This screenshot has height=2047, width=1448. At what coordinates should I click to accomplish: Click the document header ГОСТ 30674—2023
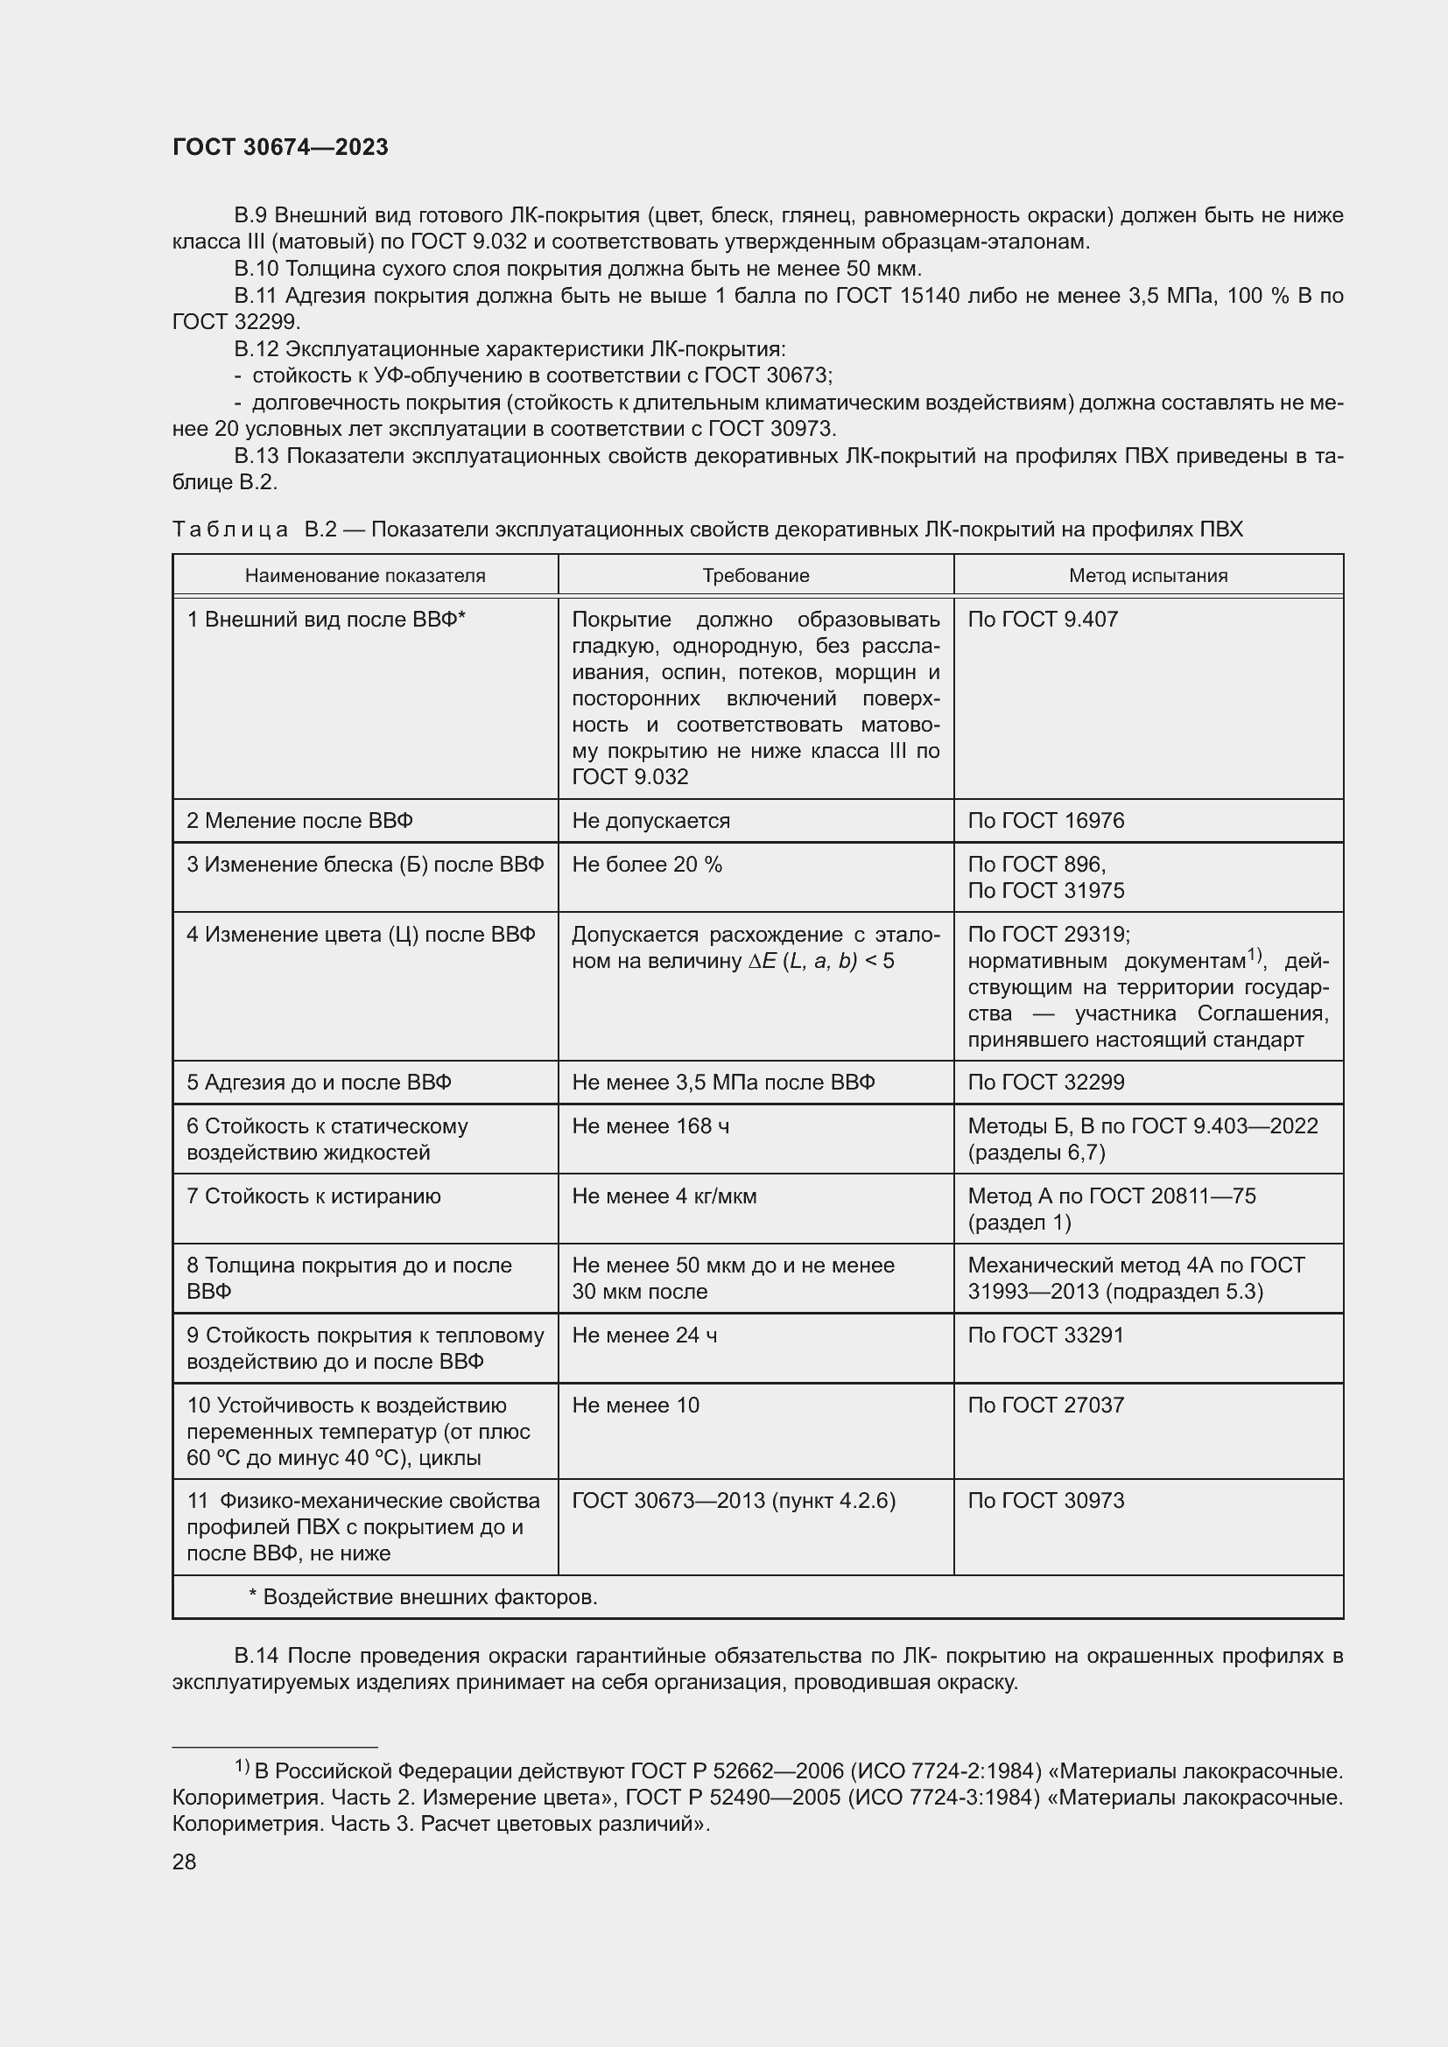click(x=280, y=147)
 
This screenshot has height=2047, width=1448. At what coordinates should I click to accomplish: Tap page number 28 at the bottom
click(x=184, y=1861)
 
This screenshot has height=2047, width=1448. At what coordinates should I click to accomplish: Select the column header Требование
click(x=756, y=576)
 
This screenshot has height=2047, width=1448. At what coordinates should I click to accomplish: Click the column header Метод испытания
click(x=1148, y=576)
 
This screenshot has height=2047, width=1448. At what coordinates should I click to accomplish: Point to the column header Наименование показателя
click(x=365, y=576)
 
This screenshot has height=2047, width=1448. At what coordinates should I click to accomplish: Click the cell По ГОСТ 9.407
click(x=1043, y=620)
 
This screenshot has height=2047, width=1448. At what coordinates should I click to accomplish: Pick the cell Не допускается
click(x=650, y=821)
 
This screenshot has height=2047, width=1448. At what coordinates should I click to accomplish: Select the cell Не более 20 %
click(x=646, y=865)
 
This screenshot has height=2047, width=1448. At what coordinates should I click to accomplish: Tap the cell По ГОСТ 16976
click(x=1046, y=821)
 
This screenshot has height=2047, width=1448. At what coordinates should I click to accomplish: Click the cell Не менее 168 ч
click(x=650, y=1127)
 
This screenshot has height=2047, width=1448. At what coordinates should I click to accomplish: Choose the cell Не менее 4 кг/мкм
click(x=664, y=1196)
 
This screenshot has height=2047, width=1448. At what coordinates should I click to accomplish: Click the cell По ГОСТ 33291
click(x=1046, y=1335)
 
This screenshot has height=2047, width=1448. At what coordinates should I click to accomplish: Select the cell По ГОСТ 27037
click(x=1046, y=1406)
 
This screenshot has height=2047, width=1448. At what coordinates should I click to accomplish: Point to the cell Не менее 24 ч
click(x=643, y=1335)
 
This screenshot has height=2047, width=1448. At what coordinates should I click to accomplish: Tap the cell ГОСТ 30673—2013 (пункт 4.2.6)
click(x=733, y=1502)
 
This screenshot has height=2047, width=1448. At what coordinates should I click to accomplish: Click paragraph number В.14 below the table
click(x=257, y=1657)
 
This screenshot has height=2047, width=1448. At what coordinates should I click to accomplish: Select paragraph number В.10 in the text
click(x=257, y=270)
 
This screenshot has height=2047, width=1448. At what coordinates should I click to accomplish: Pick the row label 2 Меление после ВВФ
click(x=299, y=821)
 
